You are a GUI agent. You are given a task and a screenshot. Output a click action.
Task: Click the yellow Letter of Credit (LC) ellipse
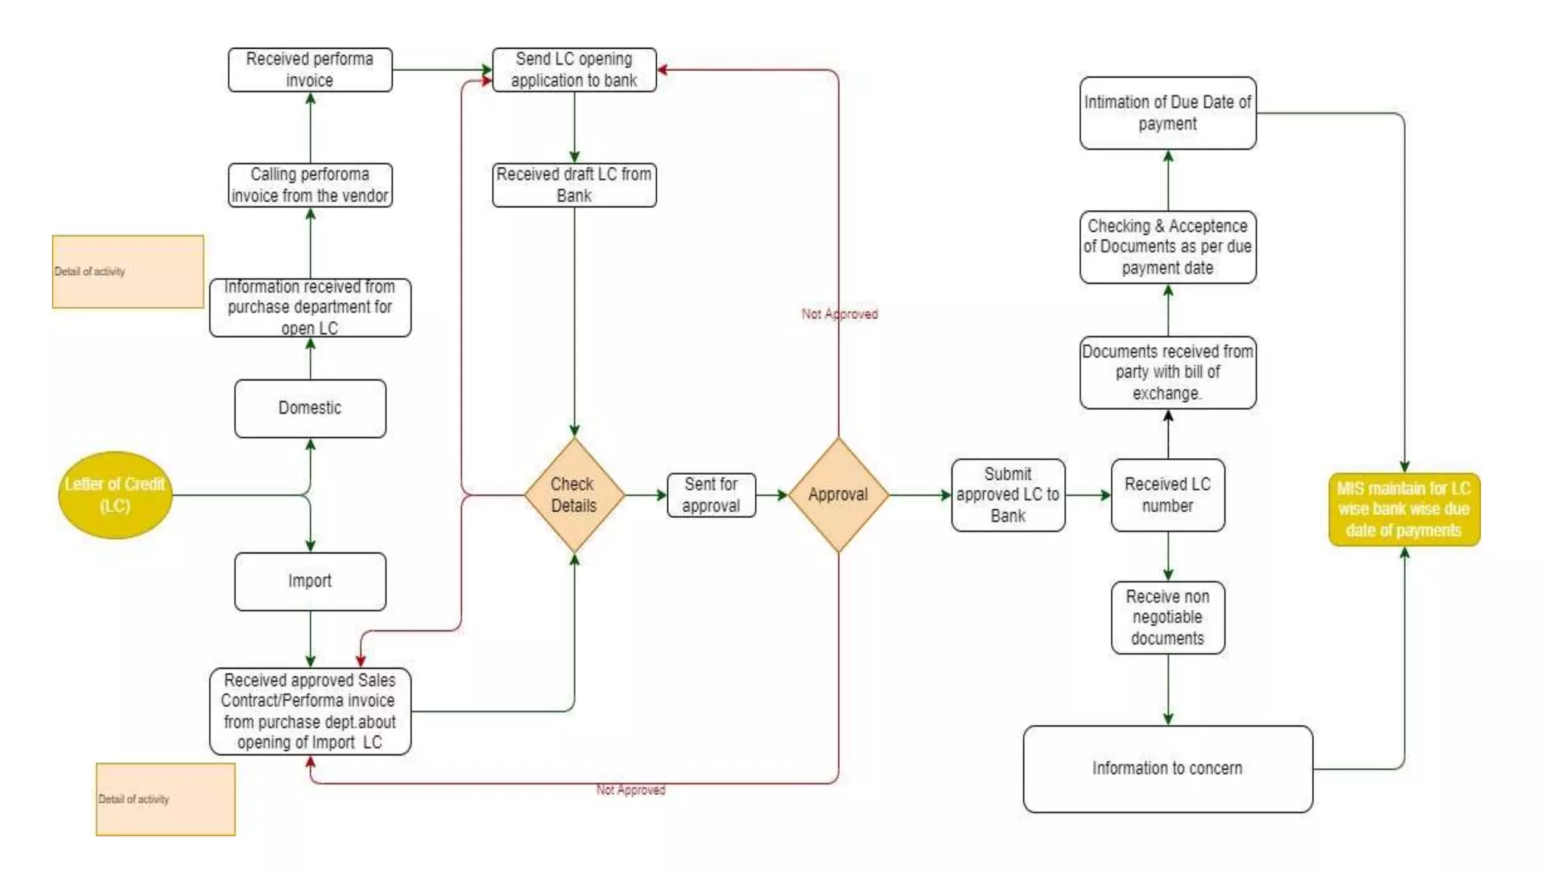click(x=115, y=495)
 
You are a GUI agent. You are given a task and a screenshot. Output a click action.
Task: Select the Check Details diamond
click(x=574, y=495)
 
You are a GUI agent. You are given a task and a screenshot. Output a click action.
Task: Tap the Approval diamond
click(x=837, y=495)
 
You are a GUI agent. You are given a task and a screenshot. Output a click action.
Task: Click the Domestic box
click(x=310, y=408)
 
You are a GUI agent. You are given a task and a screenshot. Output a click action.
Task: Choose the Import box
click(x=310, y=581)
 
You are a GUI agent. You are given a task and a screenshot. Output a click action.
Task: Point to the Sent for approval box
click(x=711, y=495)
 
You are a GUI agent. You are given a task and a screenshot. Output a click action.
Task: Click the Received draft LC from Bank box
click(x=574, y=184)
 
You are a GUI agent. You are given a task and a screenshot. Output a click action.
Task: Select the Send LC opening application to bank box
click(x=574, y=70)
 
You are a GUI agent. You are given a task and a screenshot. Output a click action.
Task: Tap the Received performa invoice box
click(x=310, y=70)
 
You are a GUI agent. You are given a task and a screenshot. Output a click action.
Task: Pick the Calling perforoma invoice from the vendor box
click(x=310, y=184)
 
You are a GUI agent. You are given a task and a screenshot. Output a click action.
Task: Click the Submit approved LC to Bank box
click(x=1008, y=495)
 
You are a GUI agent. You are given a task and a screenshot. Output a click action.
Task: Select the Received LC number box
click(x=1167, y=495)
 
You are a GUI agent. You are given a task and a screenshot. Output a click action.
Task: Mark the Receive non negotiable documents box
click(x=1167, y=617)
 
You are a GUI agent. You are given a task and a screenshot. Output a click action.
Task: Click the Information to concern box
click(x=1167, y=768)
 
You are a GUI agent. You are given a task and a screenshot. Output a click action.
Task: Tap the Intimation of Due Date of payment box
click(x=1167, y=113)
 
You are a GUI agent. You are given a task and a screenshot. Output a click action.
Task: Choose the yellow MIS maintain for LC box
click(x=1404, y=510)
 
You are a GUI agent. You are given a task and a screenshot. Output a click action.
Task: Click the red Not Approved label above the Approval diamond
click(x=839, y=314)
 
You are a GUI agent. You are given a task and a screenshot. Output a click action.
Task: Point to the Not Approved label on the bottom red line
click(x=630, y=790)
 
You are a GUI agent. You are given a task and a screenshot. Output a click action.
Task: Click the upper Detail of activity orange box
click(x=128, y=271)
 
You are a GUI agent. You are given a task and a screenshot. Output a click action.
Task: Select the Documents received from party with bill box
click(x=1167, y=372)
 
